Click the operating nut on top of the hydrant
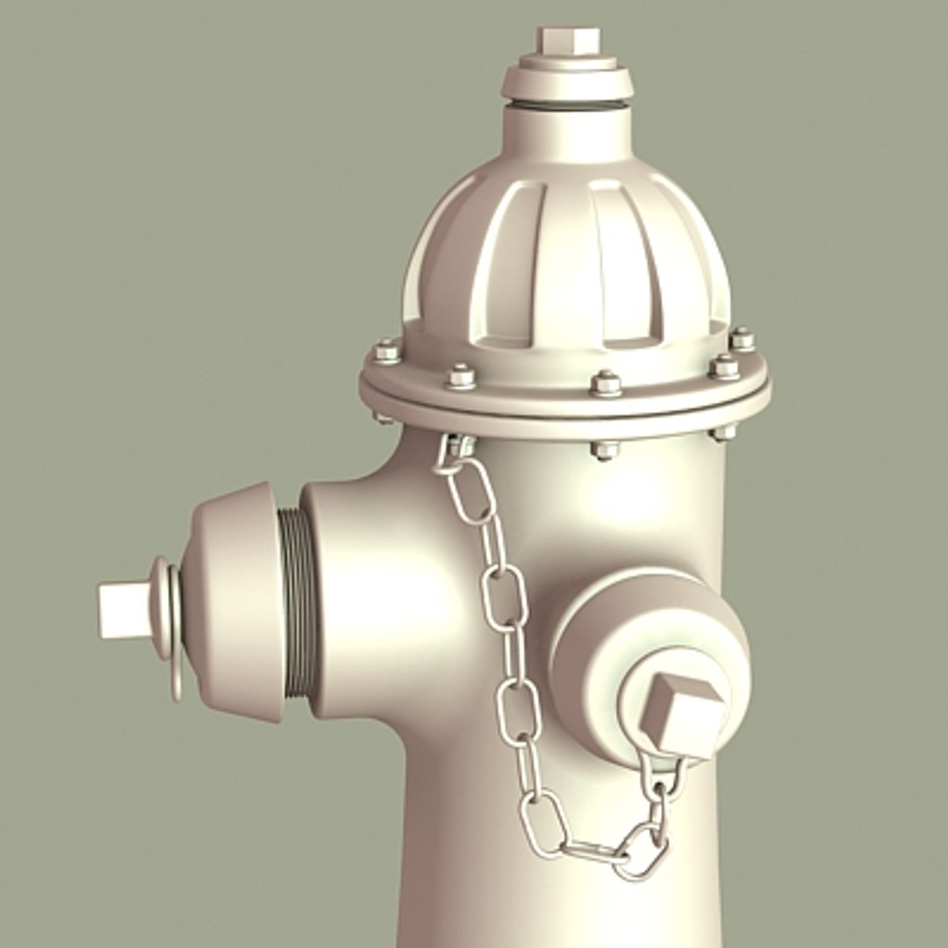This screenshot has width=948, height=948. point(568,39)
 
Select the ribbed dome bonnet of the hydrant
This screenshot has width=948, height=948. point(566,263)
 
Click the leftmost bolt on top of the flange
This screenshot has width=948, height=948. point(387,352)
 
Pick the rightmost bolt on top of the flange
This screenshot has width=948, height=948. point(743,339)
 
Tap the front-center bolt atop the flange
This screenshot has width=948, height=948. point(606,383)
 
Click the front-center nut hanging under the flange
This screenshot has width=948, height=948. point(605,449)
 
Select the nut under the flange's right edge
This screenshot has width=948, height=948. point(723,431)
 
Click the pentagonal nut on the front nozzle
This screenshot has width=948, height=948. point(682,715)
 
